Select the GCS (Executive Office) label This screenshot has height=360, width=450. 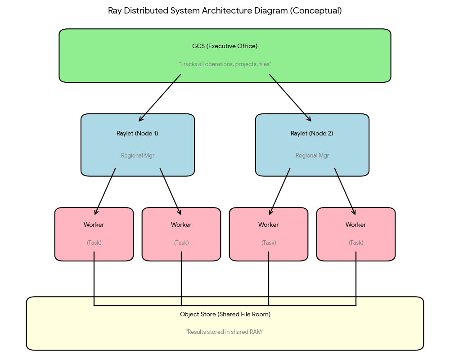point(225,46)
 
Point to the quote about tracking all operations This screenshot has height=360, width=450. point(225,64)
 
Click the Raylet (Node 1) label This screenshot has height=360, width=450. point(137,133)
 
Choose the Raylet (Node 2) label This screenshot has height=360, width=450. point(312,133)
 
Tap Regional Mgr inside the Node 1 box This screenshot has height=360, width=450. point(137,156)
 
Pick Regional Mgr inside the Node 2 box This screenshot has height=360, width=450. point(312,156)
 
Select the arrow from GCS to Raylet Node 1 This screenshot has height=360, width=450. point(160,98)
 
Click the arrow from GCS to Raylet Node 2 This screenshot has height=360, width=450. point(290,98)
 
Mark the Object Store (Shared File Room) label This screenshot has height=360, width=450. point(225,314)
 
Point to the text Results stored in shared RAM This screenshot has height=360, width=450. point(225,332)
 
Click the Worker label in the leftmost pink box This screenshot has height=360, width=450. point(94,225)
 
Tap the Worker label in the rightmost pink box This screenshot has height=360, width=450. point(355,225)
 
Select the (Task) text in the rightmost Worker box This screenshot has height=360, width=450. point(355,243)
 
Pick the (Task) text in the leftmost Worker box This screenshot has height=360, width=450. point(94,243)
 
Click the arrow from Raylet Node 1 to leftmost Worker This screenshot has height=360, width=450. point(105,191)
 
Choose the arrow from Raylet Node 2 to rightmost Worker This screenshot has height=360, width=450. point(345,191)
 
